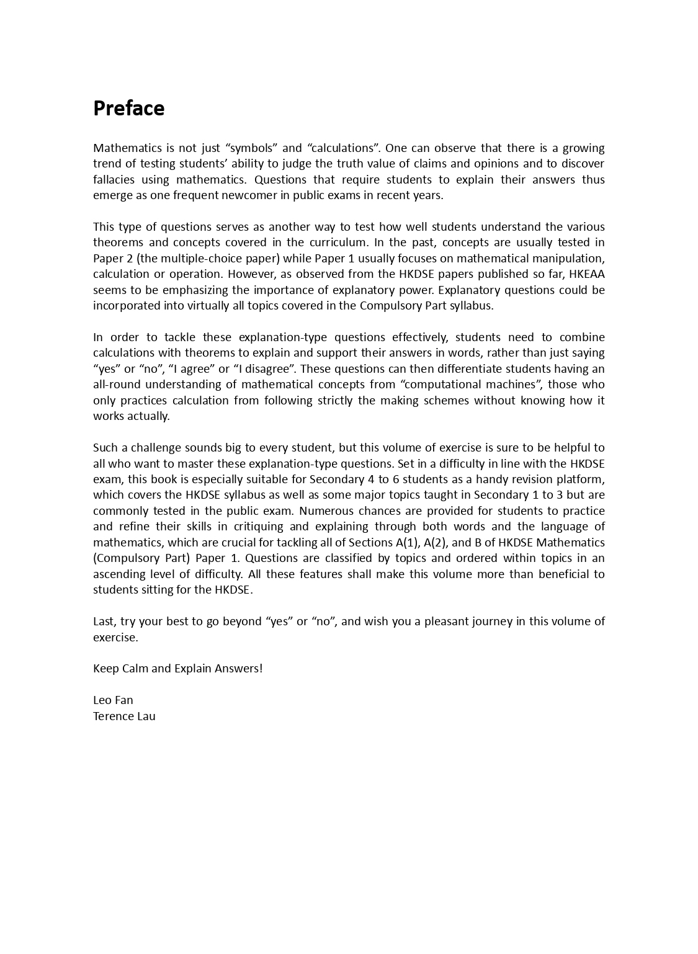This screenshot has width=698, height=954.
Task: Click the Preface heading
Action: pyautogui.click(x=128, y=109)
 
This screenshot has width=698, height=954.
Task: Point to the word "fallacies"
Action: pyautogui.click(x=116, y=179)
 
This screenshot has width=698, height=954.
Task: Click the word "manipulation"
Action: pyautogui.click(x=568, y=259)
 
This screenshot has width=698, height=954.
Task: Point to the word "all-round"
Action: pyautogui.click(x=117, y=385)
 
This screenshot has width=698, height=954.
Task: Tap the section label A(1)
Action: pyautogui.click(x=406, y=543)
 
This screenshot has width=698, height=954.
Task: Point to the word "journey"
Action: pyautogui.click(x=447, y=622)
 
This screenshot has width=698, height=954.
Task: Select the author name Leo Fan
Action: pyautogui.click(x=113, y=700)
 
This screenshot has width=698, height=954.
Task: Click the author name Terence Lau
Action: pyautogui.click(x=124, y=716)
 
